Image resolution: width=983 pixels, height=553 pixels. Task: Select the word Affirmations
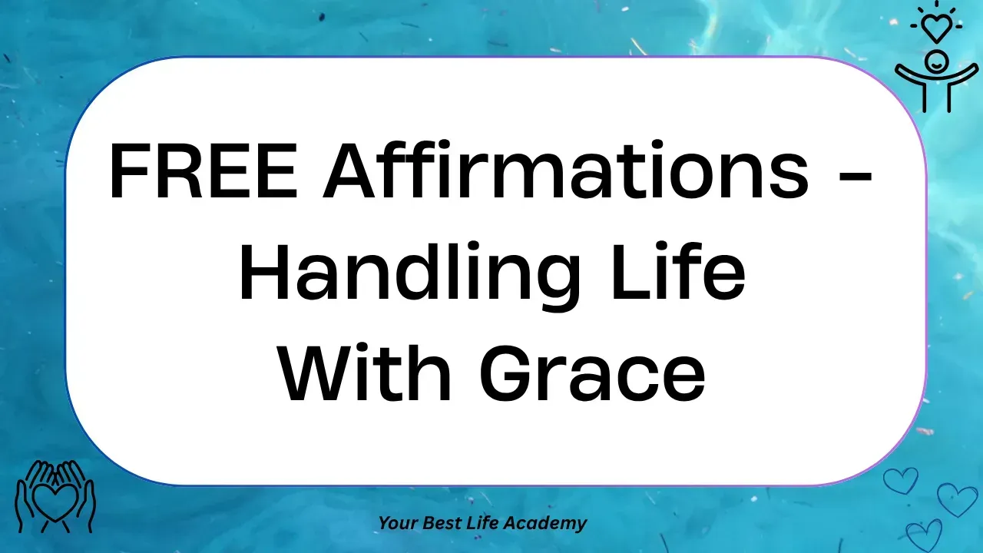(565, 170)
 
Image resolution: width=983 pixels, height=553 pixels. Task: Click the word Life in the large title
(678, 270)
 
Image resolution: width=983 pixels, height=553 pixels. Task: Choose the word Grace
(592, 373)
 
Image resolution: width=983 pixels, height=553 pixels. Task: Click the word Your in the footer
(393, 523)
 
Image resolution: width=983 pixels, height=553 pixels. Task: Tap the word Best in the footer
(435, 523)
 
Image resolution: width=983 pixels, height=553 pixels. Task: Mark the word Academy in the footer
(544, 523)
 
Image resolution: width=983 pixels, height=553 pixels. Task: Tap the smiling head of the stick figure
(936, 61)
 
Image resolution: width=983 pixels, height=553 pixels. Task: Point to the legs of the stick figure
(936, 96)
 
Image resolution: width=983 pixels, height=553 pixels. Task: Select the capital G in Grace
(506, 373)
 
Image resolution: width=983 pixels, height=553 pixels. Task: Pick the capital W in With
(318, 373)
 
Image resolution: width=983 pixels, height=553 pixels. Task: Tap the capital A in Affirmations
(348, 171)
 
